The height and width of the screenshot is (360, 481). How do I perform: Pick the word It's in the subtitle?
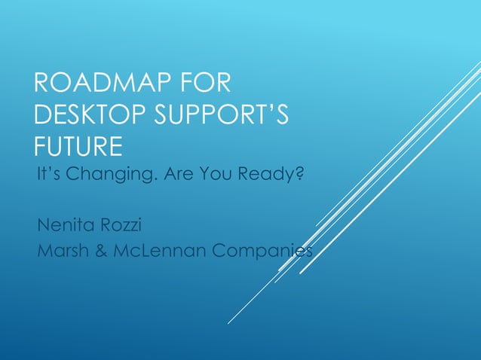pos(48,176)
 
